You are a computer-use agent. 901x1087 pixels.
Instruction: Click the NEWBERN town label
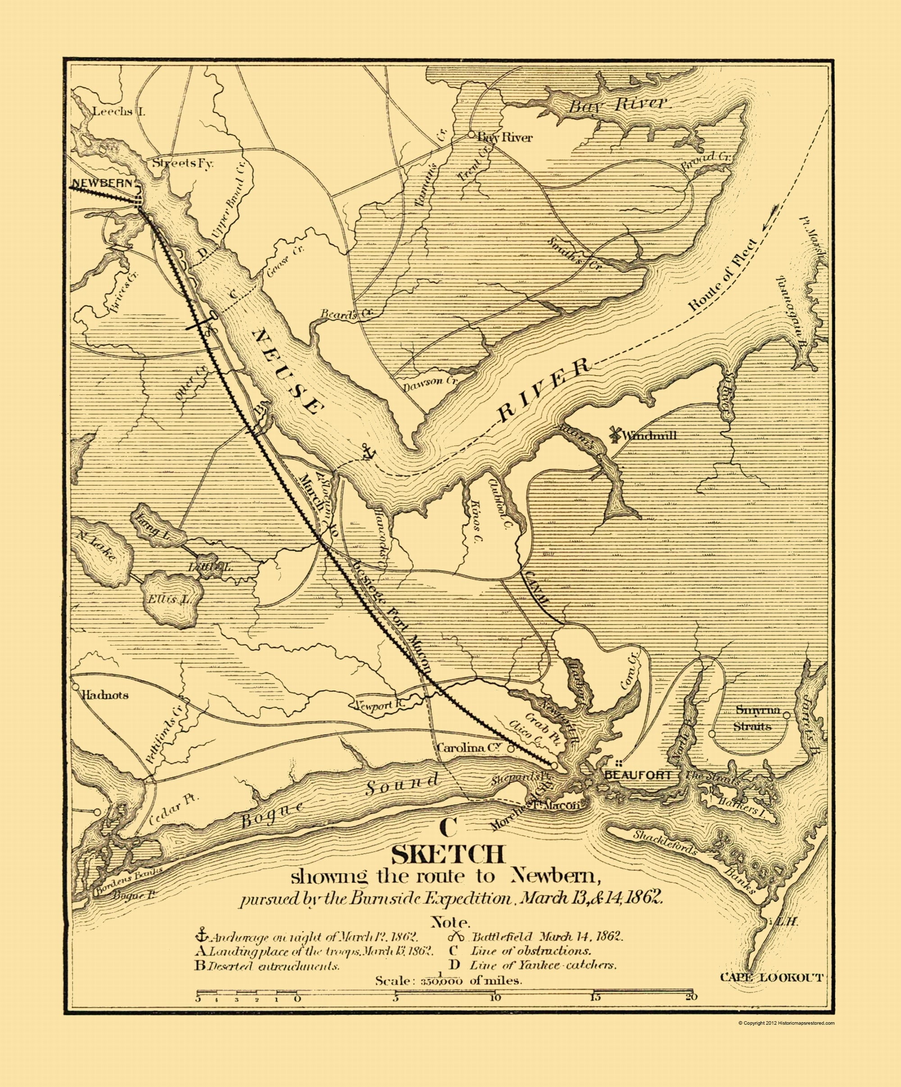[104, 183]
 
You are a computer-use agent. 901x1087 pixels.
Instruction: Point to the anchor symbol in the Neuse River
[368, 452]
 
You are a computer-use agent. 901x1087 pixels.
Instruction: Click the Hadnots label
[105, 695]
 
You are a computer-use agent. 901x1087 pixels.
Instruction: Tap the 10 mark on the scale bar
[495, 997]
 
